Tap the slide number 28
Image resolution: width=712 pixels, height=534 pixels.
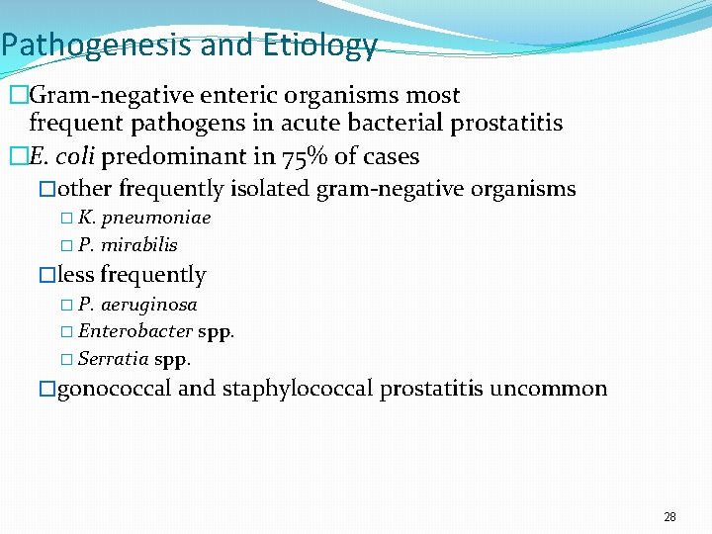(669, 517)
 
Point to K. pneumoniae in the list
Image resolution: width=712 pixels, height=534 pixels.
(144, 218)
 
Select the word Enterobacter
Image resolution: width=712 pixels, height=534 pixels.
(135, 331)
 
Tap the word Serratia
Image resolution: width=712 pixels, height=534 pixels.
(113, 358)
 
